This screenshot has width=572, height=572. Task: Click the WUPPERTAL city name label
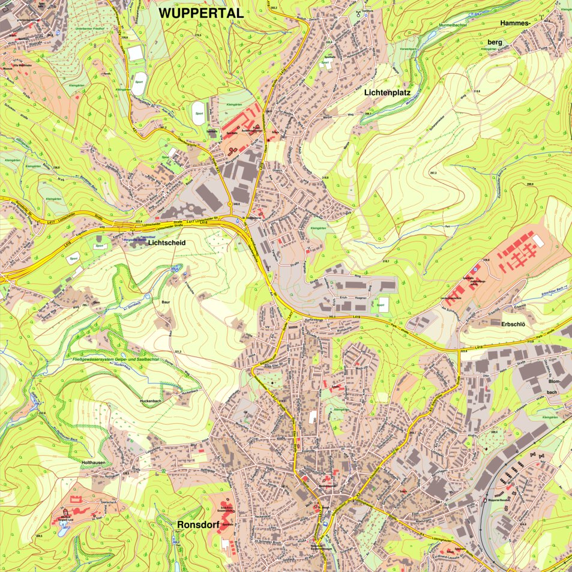coord(200,13)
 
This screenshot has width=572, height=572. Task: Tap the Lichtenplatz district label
coord(390,93)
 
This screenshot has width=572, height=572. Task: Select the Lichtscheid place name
coord(166,242)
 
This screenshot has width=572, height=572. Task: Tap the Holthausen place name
coord(98,463)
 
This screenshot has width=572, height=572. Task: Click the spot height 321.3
coord(178,352)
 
